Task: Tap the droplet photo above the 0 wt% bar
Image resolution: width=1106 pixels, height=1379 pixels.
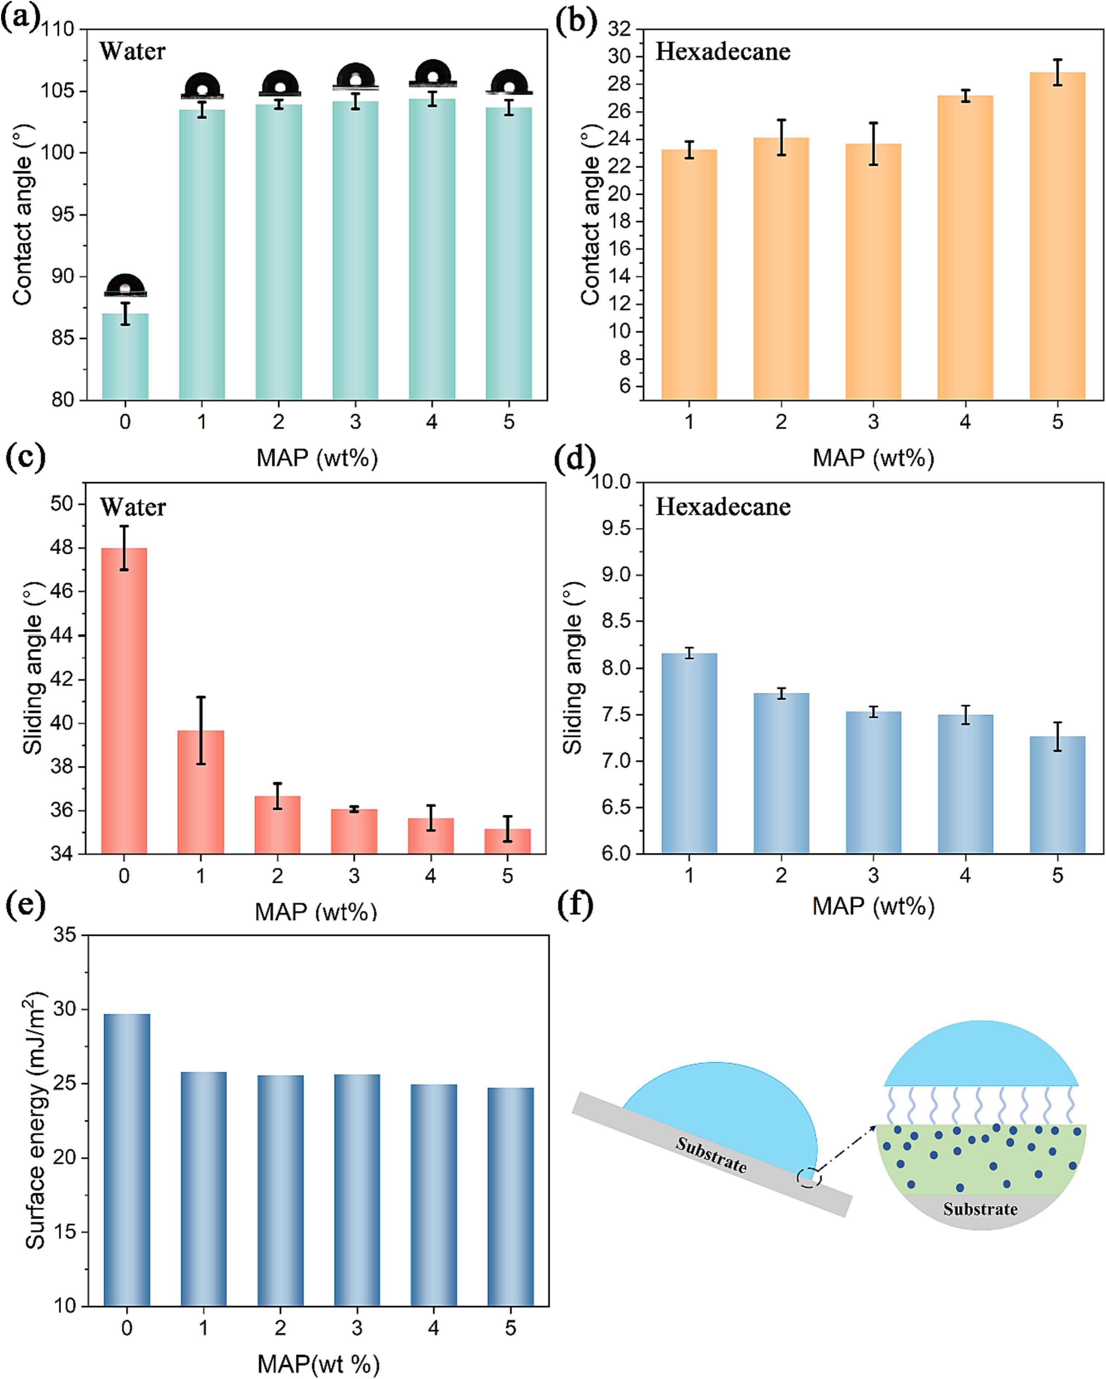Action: coord(125,285)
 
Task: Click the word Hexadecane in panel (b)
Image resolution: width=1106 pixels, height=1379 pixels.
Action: coord(723,51)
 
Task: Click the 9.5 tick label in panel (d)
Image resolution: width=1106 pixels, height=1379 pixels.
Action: coord(613,528)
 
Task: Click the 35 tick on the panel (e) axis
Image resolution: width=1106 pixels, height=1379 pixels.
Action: coord(62,935)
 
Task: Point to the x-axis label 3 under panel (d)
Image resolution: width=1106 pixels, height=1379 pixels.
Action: coord(873,875)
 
